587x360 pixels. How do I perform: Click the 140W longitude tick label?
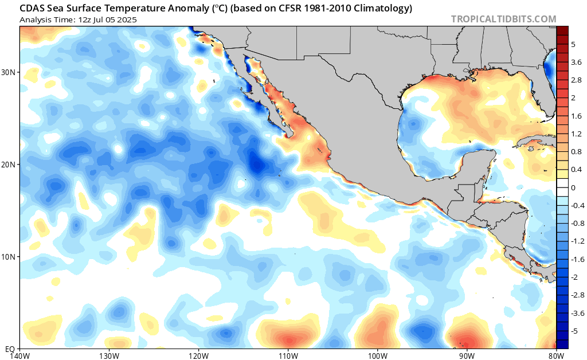pyautogui.click(x=20, y=355)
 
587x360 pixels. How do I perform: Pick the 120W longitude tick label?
pyautogui.click(x=198, y=355)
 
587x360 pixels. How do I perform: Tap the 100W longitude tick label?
pyautogui.click(x=378, y=355)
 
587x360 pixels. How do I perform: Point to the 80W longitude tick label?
pyautogui.click(x=556, y=355)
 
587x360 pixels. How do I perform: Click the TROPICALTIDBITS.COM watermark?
pyautogui.click(x=503, y=19)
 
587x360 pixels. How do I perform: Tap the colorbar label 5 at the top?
pyautogui.click(x=573, y=44)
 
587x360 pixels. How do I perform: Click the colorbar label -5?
pyautogui.click(x=575, y=331)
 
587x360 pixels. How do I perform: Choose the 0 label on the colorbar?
pyautogui.click(x=573, y=188)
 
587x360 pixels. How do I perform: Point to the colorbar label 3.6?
pyautogui.click(x=576, y=62)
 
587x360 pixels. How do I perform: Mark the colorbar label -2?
pyautogui.click(x=575, y=277)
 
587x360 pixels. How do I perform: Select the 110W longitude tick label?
pyautogui.click(x=288, y=355)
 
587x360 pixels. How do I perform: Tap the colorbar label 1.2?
pyautogui.click(x=576, y=134)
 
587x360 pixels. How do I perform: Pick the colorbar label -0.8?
pyautogui.click(x=577, y=224)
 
